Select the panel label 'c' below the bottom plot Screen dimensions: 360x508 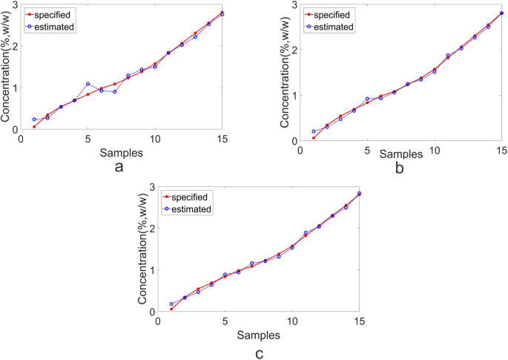tap(258, 353)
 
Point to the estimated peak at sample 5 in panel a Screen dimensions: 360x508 tap(88, 84)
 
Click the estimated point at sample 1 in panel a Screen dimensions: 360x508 tap(34, 120)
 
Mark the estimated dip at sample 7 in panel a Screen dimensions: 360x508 tap(115, 92)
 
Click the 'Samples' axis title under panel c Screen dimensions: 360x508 tap(258, 335)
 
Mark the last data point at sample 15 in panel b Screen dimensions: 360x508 tap(501, 13)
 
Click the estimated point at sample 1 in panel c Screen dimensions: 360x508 tap(171, 304)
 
